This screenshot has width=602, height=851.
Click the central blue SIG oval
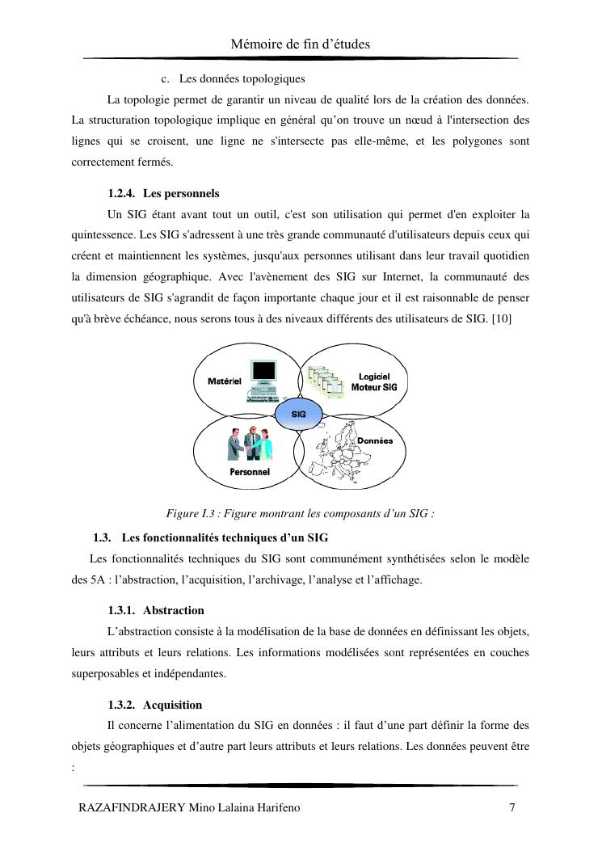tap(298, 413)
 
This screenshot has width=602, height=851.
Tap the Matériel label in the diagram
tap(225, 381)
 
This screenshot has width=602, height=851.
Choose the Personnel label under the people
tap(250, 472)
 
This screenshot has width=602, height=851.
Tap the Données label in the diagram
tap(374, 440)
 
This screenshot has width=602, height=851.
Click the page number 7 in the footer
tap(512, 807)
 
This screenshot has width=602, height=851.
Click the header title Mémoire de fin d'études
tap(301, 44)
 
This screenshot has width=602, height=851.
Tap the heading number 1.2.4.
tap(124, 194)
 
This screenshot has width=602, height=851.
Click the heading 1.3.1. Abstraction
tap(155, 610)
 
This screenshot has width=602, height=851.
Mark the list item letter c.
tap(166, 79)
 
